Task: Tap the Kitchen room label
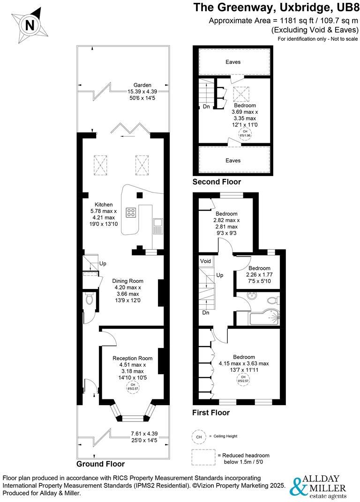click(x=104, y=205)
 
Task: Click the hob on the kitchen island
click(x=131, y=213)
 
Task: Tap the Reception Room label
click(x=133, y=358)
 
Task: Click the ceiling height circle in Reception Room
click(x=133, y=386)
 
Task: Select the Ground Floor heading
click(x=101, y=464)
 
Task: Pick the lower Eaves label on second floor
click(x=233, y=160)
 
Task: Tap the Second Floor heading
click(x=217, y=182)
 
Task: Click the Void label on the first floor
click(x=206, y=261)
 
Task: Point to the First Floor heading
click(x=211, y=413)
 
